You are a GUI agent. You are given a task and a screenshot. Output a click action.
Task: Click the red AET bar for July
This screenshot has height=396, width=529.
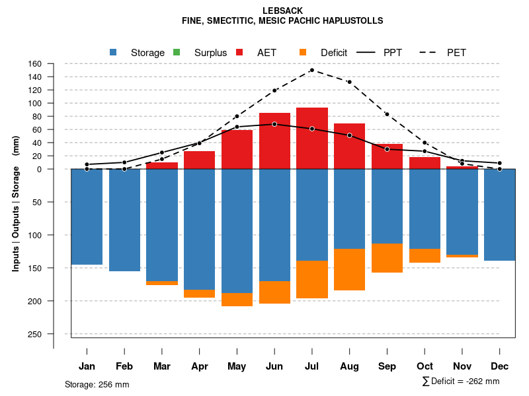click(312, 139)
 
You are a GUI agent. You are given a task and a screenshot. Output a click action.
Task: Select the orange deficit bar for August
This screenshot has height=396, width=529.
click(350, 269)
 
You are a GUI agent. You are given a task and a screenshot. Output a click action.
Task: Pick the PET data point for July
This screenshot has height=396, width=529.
click(311, 70)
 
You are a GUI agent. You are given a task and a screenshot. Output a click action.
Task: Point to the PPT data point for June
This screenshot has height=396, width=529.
click(274, 124)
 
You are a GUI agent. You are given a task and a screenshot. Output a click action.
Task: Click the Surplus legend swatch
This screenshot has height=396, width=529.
click(177, 52)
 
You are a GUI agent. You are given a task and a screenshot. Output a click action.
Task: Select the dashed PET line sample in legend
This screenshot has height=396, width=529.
click(430, 52)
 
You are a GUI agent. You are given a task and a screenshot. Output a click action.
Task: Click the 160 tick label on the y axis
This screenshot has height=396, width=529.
click(36, 64)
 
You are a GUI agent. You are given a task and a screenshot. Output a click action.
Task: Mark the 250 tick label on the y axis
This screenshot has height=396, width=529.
click(36, 334)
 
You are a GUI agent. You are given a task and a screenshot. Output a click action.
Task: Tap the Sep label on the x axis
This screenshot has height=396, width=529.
click(387, 366)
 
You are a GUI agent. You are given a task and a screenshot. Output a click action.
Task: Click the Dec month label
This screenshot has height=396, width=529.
click(500, 366)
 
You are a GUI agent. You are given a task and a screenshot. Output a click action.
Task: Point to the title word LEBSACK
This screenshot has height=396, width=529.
click(282, 11)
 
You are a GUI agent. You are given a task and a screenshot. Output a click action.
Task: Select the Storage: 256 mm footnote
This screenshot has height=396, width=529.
click(97, 384)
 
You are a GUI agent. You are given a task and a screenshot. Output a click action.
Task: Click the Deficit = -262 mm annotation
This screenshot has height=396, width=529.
click(461, 381)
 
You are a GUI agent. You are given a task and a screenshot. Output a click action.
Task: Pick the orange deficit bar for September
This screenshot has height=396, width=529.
click(387, 258)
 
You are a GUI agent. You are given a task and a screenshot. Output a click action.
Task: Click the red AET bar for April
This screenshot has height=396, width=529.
click(199, 160)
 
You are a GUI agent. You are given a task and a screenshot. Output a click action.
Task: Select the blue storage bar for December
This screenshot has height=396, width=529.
click(500, 214)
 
